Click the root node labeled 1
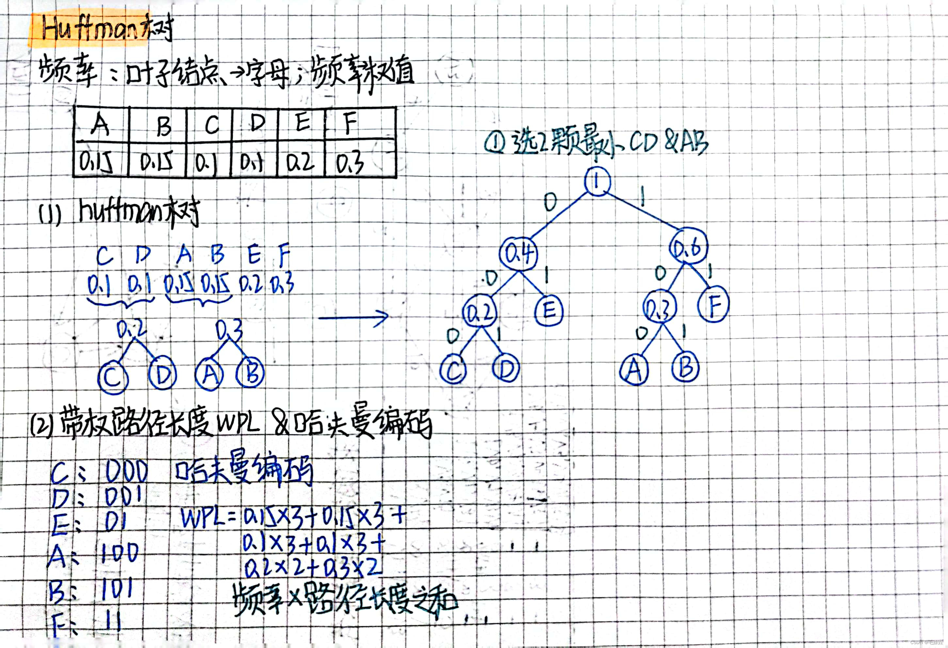(x=597, y=182)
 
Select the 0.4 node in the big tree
(x=518, y=254)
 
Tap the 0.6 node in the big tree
(x=688, y=247)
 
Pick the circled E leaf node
(x=549, y=311)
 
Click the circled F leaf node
(x=713, y=306)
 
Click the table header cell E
(x=302, y=121)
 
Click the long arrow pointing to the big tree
(x=353, y=317)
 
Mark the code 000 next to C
(x=126, y=472)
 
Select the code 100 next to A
(x=119, y=554)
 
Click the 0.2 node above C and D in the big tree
(x=480, y=312)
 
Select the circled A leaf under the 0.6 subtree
(x=634, y=370)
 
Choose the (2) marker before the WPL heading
(x=41, y=426)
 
